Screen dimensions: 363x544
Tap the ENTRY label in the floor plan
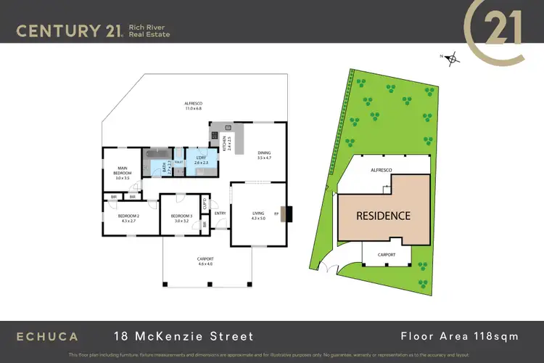click(x=221, y=213)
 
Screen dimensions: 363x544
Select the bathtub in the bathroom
click(x=154, y=155)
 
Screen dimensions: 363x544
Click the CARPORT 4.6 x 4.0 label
click(x=205, y=262)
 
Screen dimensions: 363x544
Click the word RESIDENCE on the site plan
click(x=382, y=216)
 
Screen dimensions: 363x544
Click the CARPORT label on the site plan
click(x=387, y=255)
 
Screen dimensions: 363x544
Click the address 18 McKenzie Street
click(x=184, y=336)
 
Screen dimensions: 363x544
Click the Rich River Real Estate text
click(x=149, y=30)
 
